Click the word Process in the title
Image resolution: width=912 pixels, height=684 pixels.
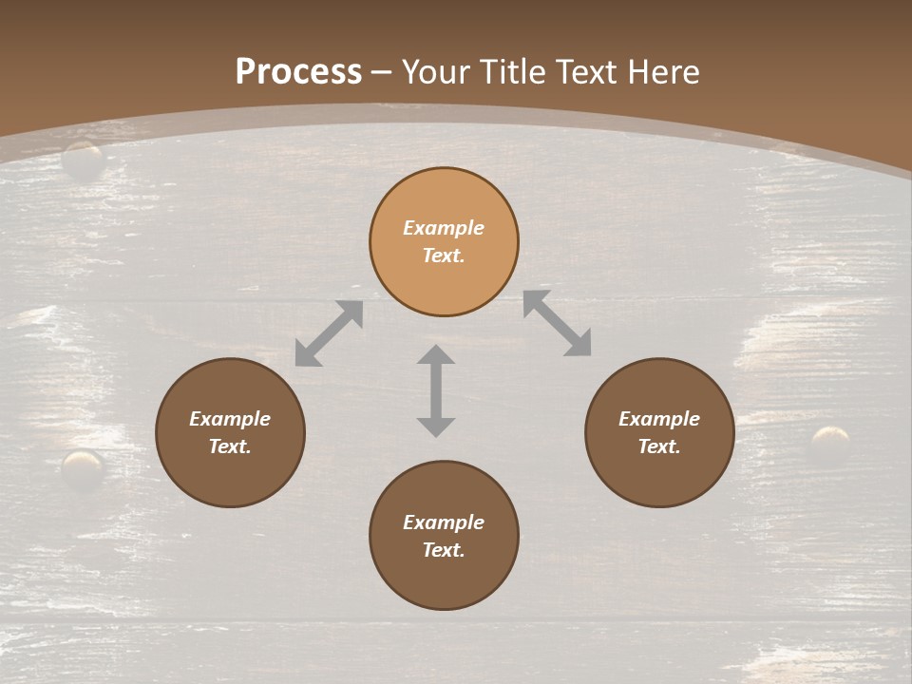pyautogui.click(x=298, y=72)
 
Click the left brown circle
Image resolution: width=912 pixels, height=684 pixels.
pyautogui.click(x=230, y=474)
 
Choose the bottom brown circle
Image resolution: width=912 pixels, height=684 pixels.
pyautogui.click(x=444, y=579)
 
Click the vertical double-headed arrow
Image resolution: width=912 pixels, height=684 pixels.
pyautogui.click(x=436, y=390)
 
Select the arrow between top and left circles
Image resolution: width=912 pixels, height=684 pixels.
pyautogui.click(x=329, y=333)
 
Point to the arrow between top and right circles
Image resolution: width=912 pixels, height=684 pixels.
pyautogui.click(x=557, y=323)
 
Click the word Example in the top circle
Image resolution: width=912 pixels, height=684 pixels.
pyautogui.click(x=444, y=228)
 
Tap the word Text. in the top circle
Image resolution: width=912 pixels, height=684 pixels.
pyautogui.click(x=444, y=256)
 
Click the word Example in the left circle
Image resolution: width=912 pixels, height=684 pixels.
pyautogui.click(x=230, y=419)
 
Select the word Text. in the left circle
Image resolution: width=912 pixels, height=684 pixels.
pyautogui.click(x=230, y=446)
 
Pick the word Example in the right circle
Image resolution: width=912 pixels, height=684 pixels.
pyautogui.click(x=659, y=419)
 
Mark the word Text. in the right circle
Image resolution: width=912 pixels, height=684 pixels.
pyautogui.click(x=659, y=446)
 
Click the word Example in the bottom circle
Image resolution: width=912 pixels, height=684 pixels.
pyautogui.click(x=444, y=522)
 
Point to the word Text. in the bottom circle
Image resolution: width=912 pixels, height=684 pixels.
pyautogui.click(x=444, y=550)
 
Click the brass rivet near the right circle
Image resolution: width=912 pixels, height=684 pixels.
pyautogui.click(x=831, y=443)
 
